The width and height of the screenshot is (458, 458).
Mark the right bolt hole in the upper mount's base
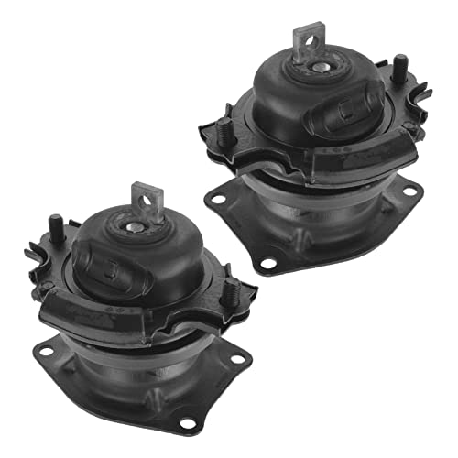tap(409, 190)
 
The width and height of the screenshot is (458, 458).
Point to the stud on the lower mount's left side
tap(54, 224)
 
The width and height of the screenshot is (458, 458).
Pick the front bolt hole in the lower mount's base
tap(188, 422)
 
